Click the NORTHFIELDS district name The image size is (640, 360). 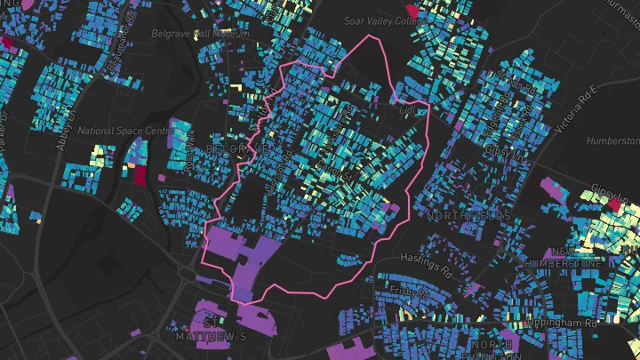point(468,216)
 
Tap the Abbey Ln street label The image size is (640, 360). point(67,131)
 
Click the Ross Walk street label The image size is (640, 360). point(188,151)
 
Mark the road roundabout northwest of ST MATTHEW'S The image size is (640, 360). point(184,281)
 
